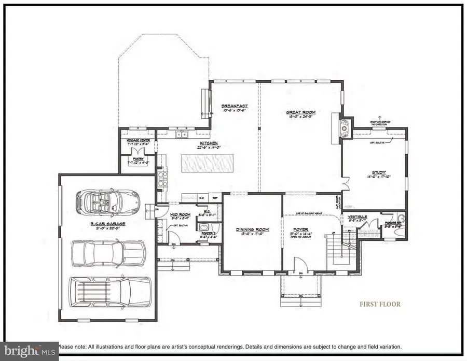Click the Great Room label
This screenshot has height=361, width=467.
click(x=301, y=112)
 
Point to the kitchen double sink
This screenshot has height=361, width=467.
click(x=181, y=136)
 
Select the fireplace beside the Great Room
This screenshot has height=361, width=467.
click(x=345, y=126)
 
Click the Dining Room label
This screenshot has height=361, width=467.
click(x=251, y=229)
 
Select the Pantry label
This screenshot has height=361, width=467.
click(x=138, y=159)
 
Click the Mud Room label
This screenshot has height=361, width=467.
click(x=181, y=214)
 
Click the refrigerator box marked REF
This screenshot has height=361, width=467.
click(x=214, y=197)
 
